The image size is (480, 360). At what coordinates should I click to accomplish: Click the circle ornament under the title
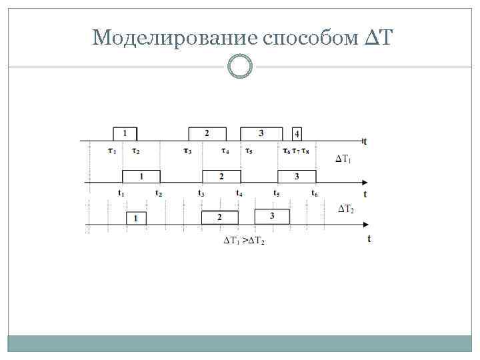coord(240,67)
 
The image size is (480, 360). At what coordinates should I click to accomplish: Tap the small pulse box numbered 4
coord(297,133)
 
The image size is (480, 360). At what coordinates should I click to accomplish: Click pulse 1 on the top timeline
coord(125,133)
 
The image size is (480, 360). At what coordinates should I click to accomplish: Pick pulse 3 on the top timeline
coord(261,133)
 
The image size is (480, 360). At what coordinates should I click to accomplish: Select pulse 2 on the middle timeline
coord(221,176)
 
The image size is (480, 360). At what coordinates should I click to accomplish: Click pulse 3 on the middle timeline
coord(296,176)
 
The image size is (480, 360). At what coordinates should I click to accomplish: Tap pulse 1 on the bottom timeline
coord(136,217)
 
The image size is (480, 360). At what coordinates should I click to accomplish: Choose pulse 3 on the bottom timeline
coord(272,216)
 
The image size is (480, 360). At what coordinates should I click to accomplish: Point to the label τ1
coord(112,151)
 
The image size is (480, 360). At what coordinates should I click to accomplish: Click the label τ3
coord(187,151)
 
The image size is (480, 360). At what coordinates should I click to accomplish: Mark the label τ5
coord(249,151)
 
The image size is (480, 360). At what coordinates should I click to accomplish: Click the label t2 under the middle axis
coord(159,193)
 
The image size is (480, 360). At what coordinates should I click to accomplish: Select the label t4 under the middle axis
coord(239,193)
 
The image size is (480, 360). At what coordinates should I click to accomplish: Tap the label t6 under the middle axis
coord(314,193)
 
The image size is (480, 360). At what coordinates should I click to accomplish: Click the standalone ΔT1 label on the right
coord(343,159)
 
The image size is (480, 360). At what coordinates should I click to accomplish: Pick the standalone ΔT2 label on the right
coord(346,209)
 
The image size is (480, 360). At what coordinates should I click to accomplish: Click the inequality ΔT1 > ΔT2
coord(243,241)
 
